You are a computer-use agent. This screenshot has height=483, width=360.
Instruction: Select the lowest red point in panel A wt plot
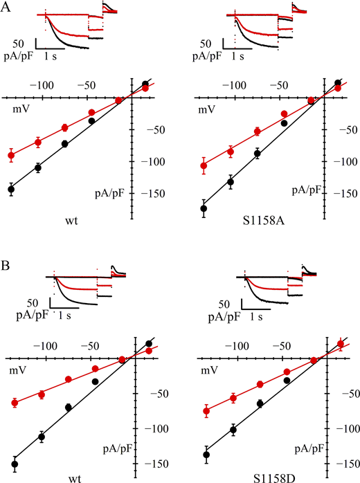[x=11, y=155]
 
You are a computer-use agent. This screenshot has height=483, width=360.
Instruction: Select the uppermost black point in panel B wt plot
[x=148, y=343]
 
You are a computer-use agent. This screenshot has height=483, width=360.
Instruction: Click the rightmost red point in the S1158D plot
[x=340, y=344]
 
